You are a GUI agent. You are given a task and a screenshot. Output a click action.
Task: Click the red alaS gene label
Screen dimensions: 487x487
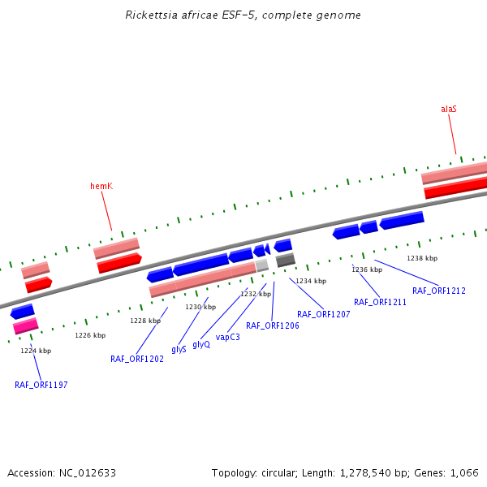pyautogui.click(x=449, y=109)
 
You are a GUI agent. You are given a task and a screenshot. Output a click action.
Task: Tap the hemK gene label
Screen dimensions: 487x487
pyautogui.click(x=101, y=187)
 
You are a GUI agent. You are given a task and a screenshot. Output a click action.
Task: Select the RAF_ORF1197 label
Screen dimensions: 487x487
pyautogui.click(x=41, y=385)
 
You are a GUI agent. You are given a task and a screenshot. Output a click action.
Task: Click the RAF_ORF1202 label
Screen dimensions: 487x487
pyautogui.click(x=137, y=359)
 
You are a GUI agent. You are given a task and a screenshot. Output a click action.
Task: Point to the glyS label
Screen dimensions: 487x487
pyautogui.click(x=179, y=349)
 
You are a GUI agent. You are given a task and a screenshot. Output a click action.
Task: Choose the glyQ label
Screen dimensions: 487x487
pyautogui.click(x=201, y=344)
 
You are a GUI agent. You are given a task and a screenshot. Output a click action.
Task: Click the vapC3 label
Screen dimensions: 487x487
pyautogui.click(x=227, y=337)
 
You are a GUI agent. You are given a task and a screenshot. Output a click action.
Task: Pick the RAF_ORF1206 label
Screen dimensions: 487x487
pyautogui.click(x=273, y=325)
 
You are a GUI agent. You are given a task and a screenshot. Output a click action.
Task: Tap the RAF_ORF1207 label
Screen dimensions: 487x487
pyautogui.click(x=323, y=314)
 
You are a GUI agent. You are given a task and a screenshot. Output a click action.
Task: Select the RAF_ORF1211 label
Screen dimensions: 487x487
pyautogui.click(x=380, y=302)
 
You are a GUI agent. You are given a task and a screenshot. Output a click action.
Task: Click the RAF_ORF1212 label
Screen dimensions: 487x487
pyautogui.click(x=439, y=291)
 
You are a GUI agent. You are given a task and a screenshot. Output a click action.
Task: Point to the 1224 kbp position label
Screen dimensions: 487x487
pyautogui.click(x=36, y=351)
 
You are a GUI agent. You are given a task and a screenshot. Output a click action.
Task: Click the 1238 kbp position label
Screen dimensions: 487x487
pyautogui.click(x=422, y=258)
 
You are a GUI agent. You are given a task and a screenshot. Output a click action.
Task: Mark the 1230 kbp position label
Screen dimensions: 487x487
pyautogui.click(x=200, y=307)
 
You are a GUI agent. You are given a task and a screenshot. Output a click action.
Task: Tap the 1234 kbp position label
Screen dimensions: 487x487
pyautogui.click(x=311, y=281)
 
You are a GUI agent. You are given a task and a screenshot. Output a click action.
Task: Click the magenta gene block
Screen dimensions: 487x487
pyautogui.click(x=26, y=326)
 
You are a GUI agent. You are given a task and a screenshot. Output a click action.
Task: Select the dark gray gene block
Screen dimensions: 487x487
pyautogui.click(x=286, y=260)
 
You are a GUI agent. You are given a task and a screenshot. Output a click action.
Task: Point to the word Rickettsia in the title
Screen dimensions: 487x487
pyautogui.click(x=152, y=15)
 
